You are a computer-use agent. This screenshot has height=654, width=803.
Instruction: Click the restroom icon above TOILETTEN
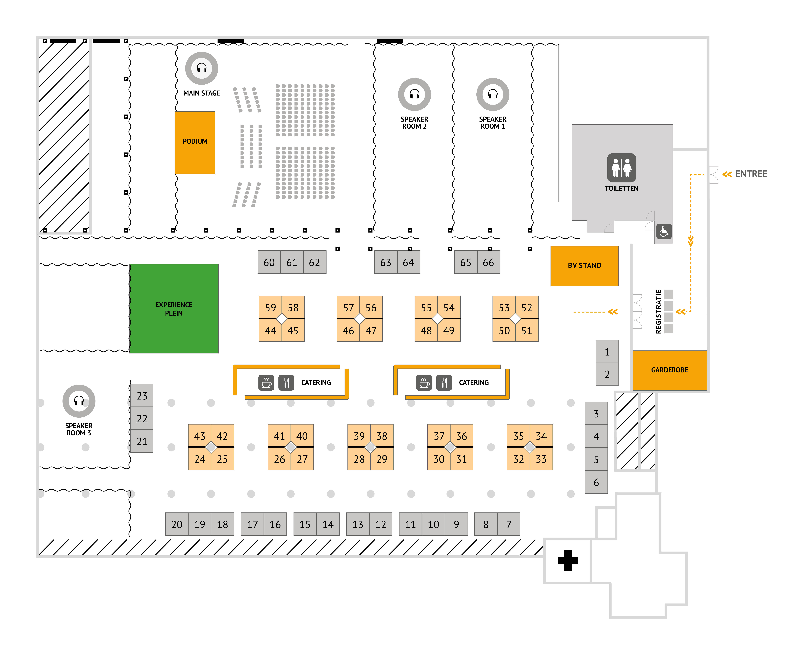click(x=621, y=168)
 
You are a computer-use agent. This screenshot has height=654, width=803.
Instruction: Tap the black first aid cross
click(x=567, y=561)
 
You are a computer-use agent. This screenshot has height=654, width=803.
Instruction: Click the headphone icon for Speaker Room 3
click(x=79, y=401)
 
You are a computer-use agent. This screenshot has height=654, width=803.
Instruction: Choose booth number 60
click(x=269, y=263)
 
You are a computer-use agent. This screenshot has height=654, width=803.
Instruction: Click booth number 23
click(x=142, y=396)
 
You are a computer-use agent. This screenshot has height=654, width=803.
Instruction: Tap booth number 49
click(x=449, y=331)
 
